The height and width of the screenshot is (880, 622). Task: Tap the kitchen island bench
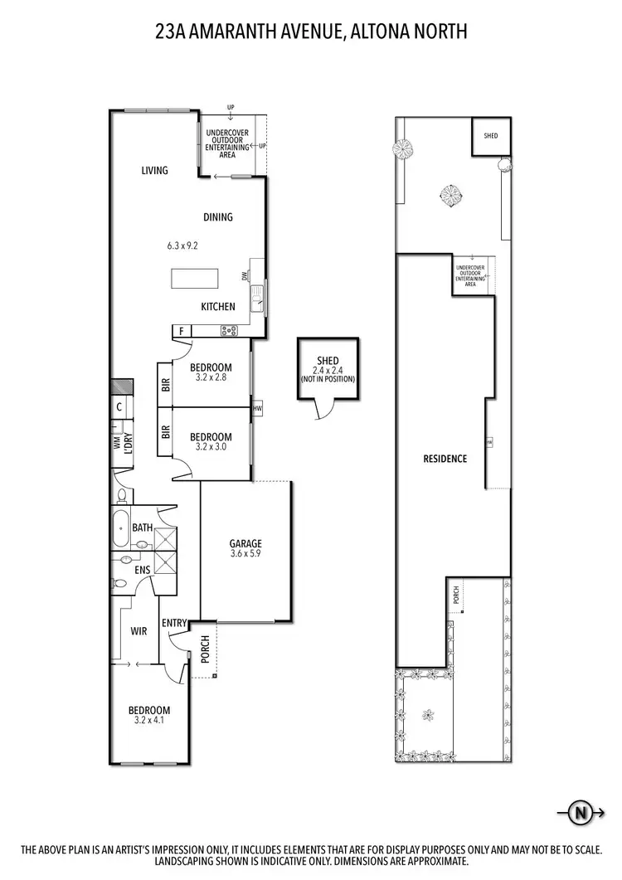[x=193, y=278]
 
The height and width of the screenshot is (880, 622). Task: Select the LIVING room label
[x=154, y=171]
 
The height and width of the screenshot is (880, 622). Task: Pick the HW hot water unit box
[x=257, y=409]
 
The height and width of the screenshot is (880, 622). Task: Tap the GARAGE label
[x=245, y=545]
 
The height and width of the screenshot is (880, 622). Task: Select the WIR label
[x=138, y=631]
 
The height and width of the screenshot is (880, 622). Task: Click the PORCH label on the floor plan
[x=204, y=649]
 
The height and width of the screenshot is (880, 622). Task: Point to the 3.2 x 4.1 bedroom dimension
[x=149, y=722]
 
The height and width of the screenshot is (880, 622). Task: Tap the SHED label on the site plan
[x=491, y=135]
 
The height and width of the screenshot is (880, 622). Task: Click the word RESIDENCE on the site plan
[x=445, y=459]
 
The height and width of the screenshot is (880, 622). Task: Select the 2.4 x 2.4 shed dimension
[x=328, y=370]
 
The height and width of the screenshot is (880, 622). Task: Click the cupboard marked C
[x=119, y=407]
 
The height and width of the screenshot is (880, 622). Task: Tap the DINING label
[x=218, y=217]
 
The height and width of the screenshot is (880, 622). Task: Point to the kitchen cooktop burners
[x=229, y=331]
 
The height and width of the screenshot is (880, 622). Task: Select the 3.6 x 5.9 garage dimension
[x=245, y=556]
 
